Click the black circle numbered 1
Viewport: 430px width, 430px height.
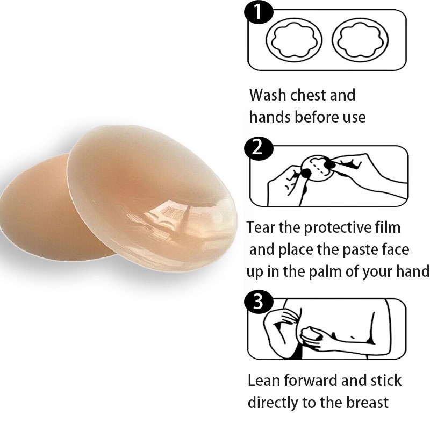click(259, 12)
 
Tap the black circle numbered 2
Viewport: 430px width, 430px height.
click(259, 148)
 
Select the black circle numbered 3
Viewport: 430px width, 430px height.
click(259, 302)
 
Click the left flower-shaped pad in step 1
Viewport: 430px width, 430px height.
click(294, 40)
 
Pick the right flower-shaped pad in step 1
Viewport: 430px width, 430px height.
click(360, 40)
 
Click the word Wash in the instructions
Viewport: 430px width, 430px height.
click(268, 95)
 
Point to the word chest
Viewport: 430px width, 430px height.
click(308, 95)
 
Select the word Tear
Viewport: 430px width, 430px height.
click(261, 227)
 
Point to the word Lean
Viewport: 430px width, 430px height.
click(264, 381)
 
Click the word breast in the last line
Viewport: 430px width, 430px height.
click(367, 403)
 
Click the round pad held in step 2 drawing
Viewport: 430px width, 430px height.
click(317, 169)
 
